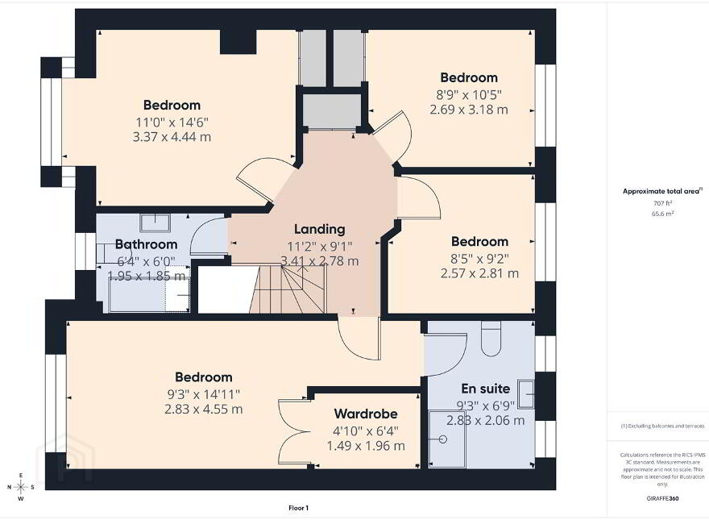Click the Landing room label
point(319,229)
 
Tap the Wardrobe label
point(366,414)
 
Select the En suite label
point(485,389)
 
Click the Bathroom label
point(146,244)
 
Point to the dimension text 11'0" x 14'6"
point(172,123)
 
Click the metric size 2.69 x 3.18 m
point(468,110)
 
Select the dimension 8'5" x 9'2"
point(479,259)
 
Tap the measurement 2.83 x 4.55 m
point(204,409)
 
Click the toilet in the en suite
point(491,339)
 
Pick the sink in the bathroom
point(155,223)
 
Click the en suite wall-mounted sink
point(526,393)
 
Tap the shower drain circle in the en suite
point(443,439)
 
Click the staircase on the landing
point(288,289)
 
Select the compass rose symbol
point(20,487)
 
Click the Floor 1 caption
point(298,508)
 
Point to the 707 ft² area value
point(663,203)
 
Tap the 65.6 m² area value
point(663,214)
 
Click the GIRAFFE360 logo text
point(662,499)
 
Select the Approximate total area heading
point(662,191)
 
